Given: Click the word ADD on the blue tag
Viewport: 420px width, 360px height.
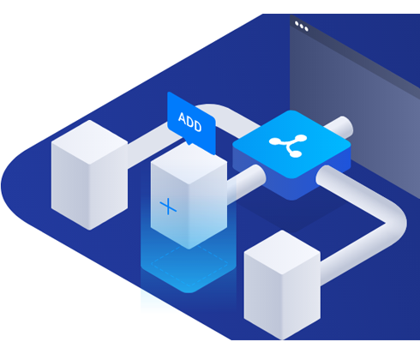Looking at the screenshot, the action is point(190,122).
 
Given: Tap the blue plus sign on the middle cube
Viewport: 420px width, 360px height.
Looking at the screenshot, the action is point(168,206).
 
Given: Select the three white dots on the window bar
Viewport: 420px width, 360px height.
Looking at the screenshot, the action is point(302,27).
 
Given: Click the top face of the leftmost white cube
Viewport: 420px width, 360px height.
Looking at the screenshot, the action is point(90,142).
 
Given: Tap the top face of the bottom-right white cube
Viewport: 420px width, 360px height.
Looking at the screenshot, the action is point(282,252).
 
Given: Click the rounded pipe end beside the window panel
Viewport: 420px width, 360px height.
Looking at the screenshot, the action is point(345,126).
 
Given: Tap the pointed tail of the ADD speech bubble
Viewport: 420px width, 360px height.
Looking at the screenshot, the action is point(189,142).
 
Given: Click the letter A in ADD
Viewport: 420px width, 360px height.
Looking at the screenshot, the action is point(182,117).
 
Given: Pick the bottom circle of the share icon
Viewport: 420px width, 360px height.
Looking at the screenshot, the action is point(296,153).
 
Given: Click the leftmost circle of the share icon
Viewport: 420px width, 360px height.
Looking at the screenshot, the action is point(275,141).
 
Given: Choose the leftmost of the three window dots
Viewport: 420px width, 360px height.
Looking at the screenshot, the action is point(297,23).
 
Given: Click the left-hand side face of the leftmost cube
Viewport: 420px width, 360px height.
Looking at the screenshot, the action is point(70,186).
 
